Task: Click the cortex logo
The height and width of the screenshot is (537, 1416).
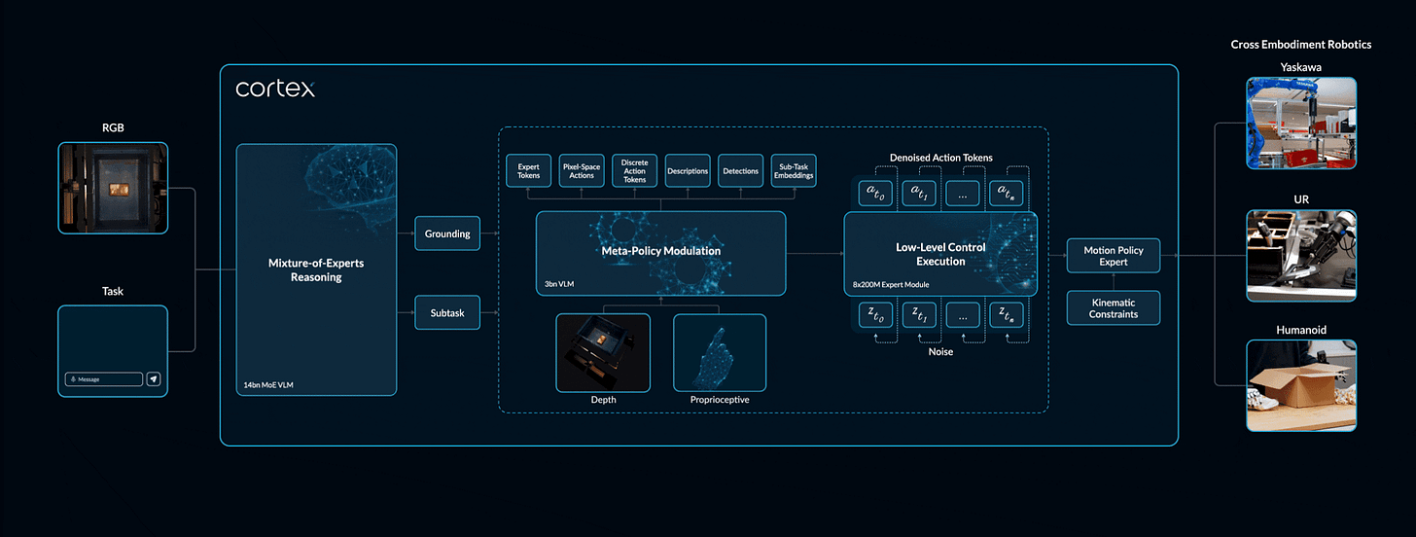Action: coord(275,89)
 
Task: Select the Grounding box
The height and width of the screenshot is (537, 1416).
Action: coord(447,233)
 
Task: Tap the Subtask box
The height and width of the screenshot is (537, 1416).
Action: coord(447,312)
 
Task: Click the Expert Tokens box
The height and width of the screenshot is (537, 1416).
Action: coord(529,171)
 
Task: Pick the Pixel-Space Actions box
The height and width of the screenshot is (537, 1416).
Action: coord(583,171)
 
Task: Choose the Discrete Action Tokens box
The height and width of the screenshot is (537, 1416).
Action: coord(635,171)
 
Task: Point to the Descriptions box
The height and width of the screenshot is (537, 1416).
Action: coord(689,171)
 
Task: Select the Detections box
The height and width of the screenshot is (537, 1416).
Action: coord(741,171)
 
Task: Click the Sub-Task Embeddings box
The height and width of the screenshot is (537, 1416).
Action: coord(794,171)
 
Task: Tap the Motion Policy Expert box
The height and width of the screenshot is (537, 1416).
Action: coord(1113,256)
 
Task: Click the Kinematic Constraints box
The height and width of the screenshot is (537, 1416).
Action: coord(1113,307)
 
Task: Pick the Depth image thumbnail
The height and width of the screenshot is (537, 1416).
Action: coord(603,352)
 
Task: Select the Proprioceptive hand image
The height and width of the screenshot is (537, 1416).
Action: coord(720,352)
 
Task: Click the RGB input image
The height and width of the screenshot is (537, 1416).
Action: coord(113,189)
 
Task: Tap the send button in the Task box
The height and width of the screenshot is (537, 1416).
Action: coord(154,378)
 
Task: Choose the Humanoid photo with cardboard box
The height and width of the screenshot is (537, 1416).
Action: coord(1301,385)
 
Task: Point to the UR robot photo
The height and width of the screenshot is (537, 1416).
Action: coord(1301,255)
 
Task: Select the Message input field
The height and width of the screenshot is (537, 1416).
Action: coord(104,378)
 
